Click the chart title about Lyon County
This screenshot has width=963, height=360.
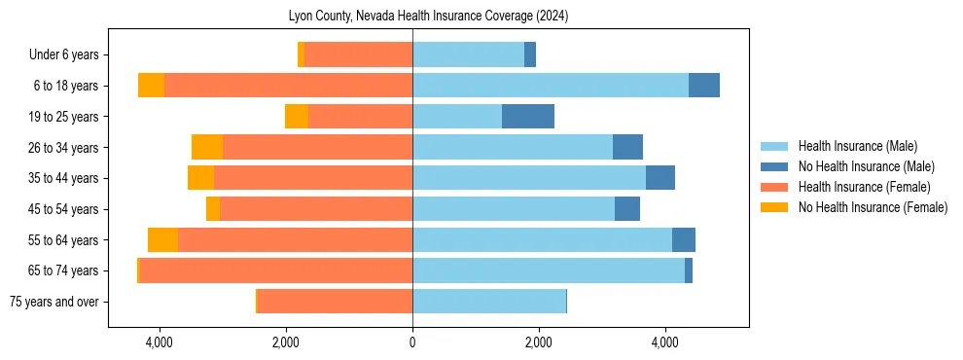[x=428, y=17]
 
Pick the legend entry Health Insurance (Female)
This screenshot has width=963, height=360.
[x=864, y=187]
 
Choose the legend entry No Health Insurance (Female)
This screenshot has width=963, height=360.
[x=873, y=207]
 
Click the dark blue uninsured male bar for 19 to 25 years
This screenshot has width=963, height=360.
[x=528, y=117]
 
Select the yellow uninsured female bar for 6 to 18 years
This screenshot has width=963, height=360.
[x=151, y=86]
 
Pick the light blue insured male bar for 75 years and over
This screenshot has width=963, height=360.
[x=489, y=302]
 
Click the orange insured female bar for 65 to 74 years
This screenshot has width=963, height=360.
[x=276, y=270]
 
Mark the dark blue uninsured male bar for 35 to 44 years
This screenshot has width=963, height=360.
[x=660, y=178]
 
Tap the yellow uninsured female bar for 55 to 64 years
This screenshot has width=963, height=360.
[x=162, y=240]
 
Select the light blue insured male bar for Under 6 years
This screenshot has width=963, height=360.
[x=468, y=55]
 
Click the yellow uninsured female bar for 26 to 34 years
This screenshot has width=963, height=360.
[x=207, y=147]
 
